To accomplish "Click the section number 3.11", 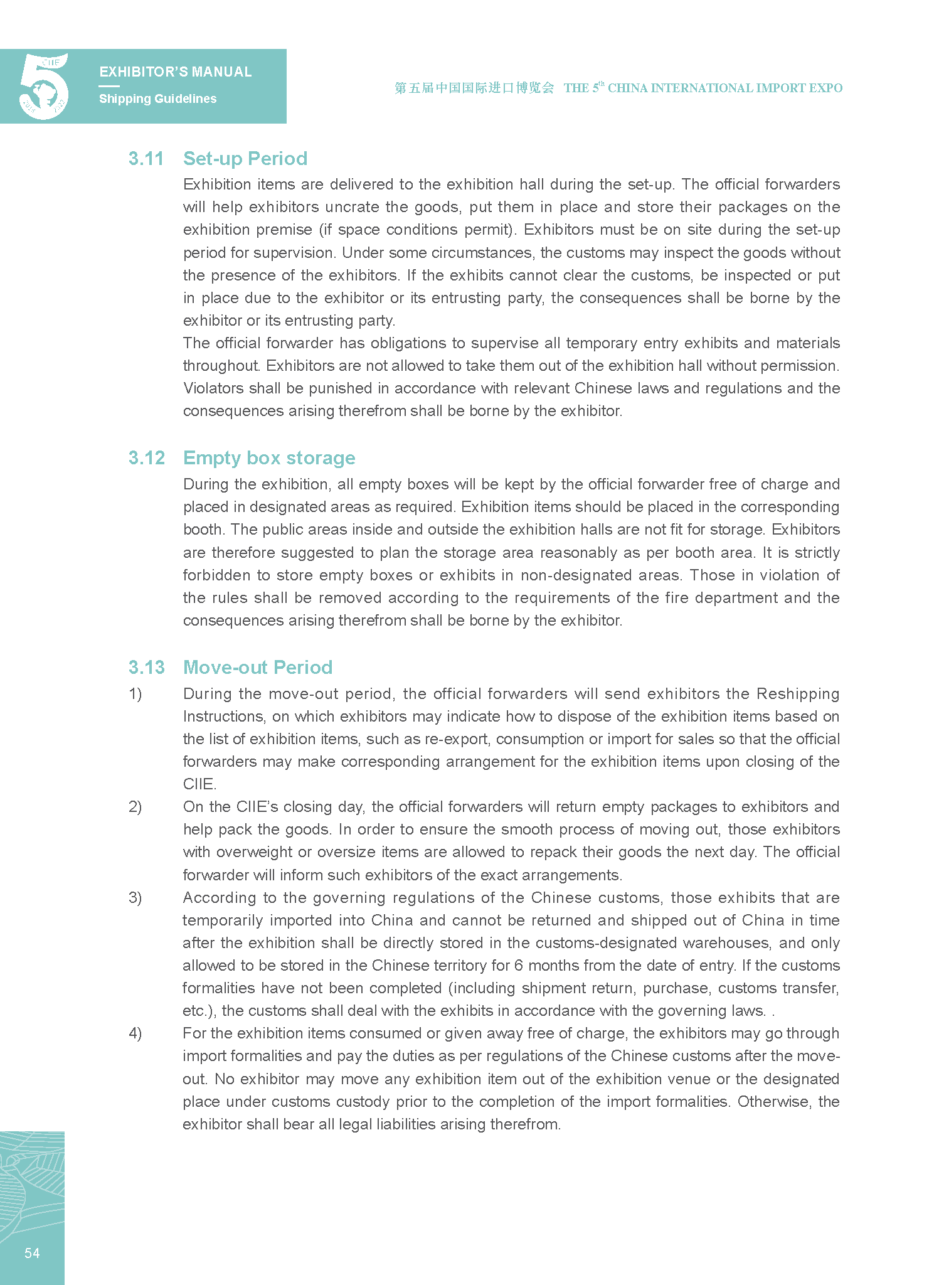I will coord(146,159).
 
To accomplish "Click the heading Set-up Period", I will coord(245,159).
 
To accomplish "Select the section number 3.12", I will coord(147,458).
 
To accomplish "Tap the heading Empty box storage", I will coord(269,458).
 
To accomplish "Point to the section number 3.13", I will coord(147,668).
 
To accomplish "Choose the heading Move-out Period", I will coord(258,668).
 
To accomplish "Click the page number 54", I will coord(32,1253).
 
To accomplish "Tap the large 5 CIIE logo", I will coord(43,87).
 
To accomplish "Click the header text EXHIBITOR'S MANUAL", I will coord(176,72).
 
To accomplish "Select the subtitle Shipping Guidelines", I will coord(158,99).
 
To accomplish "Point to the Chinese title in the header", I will coord(474,88).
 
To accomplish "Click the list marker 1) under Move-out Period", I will coord(135,694).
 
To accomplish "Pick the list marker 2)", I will coord(135,807).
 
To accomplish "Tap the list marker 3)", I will coord(135,898).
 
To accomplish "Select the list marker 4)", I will coord(135,1033).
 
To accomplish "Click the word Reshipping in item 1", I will coord(798,694).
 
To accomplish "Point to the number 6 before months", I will coord(519,966).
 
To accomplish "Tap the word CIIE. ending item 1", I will coord(199,784).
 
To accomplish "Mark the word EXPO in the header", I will coord(825,88).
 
